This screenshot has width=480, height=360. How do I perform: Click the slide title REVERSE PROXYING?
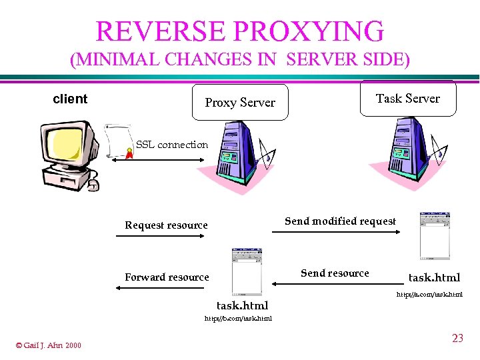point(240,31)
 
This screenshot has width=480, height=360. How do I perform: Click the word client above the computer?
point(70,99)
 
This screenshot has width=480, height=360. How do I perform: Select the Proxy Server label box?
point(240,103)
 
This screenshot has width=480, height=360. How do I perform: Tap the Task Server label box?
point(408,99)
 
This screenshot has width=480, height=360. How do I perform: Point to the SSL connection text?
point(172,145)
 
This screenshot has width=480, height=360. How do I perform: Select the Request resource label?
point(166,225)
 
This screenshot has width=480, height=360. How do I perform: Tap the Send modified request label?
point(340,221)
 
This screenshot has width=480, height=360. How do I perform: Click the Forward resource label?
point(167,277)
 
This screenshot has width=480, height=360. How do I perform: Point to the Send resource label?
point(335,273)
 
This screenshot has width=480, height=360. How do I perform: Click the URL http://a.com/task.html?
point(429,294)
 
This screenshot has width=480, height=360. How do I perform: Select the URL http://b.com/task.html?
point(238,319)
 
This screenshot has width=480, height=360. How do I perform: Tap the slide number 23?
point(457,339)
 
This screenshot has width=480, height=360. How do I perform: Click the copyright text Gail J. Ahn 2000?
point(48,345)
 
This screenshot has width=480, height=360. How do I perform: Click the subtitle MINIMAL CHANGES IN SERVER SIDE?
point(240,60)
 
